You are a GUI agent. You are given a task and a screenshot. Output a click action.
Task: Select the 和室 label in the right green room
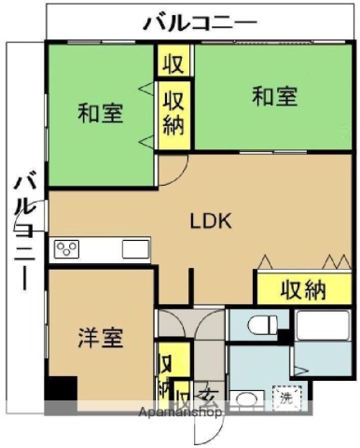[x=274, y=96]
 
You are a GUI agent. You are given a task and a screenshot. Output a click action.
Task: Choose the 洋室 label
[x=100, y=338]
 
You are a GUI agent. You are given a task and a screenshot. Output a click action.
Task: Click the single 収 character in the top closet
[x=174, y=64]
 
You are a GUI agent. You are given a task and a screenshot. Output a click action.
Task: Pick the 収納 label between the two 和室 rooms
[x=173, y=112]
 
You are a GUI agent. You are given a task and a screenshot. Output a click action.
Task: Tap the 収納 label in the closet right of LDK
[x=302, y=288]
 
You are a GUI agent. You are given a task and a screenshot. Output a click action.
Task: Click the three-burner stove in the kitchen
[x=68, y=248]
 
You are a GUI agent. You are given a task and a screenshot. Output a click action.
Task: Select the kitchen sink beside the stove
[x=134, y=248]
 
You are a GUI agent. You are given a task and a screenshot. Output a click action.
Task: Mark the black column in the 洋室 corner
[x=62, y=388]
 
